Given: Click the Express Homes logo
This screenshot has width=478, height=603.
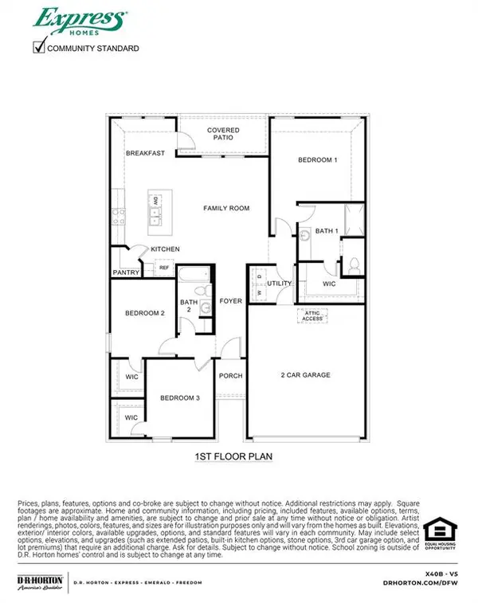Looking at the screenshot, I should pos(78,19).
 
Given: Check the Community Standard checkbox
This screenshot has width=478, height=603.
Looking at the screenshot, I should pos(38,48).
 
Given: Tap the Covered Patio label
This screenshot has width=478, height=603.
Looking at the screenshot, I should pos(223,133).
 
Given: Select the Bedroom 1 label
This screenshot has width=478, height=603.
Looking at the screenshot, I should pos(318,160).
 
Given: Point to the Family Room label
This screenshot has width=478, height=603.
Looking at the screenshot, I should pos(226,208).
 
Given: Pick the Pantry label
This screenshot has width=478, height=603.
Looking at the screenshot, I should pos(127,273).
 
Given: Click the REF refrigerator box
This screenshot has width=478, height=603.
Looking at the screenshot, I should pos(163,268).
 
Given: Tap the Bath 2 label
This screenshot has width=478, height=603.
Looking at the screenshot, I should pos(188,306).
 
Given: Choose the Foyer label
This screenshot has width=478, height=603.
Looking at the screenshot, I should pos(230,302).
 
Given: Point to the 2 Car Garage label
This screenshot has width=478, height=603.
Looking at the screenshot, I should pos(305,374).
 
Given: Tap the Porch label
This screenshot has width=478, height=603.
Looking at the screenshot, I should pos(230,376).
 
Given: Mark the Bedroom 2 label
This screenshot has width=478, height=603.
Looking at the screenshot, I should pos(145,313).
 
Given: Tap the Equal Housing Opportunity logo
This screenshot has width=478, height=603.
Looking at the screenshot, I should pos(439,533).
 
